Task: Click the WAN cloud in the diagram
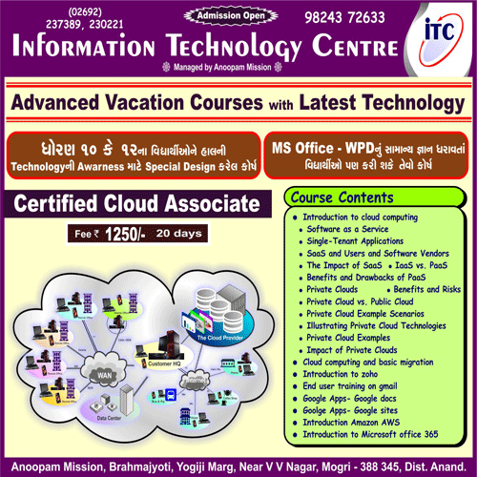pyautogui.click(x=102, y=375)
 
